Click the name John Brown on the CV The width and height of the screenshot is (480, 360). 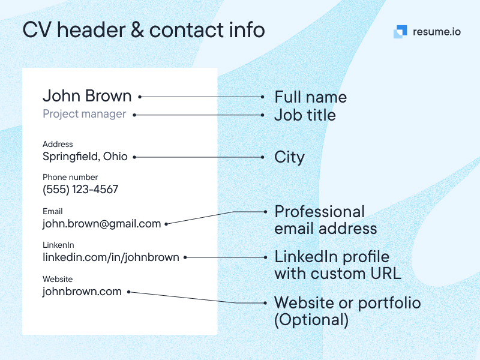pyautogui.click(x=87, y=96)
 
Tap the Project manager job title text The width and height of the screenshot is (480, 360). pyautogui.click(x=84, y=114)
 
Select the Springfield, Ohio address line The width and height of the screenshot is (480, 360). pyautogui.click(x=85, y=157)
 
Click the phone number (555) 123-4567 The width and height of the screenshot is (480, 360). pyautogui.click(x=80, y=190)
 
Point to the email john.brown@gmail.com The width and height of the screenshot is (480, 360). pyautogui.click(x=101, y=224)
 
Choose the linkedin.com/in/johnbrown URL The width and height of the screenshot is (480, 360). pyautogui.click(x=110, y=257)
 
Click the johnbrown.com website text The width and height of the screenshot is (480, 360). pyautogui.click(x=82, y=292)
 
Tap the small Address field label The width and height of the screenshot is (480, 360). pyautogui.click(x=58, y=144)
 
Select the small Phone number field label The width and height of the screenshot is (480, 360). pyautogui.click(x=70, y=177)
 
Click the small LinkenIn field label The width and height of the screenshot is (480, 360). pyautogui.click(x=58, y=245)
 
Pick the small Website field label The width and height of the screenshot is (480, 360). pyautogui.click(x=58, y=279)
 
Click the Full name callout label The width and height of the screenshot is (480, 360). pyautogui.click(x=310, y=97)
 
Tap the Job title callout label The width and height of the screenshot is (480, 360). pyautogui.click(x=305, y=115)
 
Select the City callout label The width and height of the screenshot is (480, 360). pyautogui.click(x=289, y=157)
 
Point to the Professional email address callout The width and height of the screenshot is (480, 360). pyautogui.click(x=325, y=220)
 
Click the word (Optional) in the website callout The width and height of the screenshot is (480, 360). pyautogui.click(x=311, y=320)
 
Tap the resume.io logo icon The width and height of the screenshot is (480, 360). pyautogui.click(x=400, y=32)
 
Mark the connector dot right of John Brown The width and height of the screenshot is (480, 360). pyautogui.click(x=139, y=96)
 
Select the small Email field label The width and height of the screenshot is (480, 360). pyautogui.click(x=53, y=211)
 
